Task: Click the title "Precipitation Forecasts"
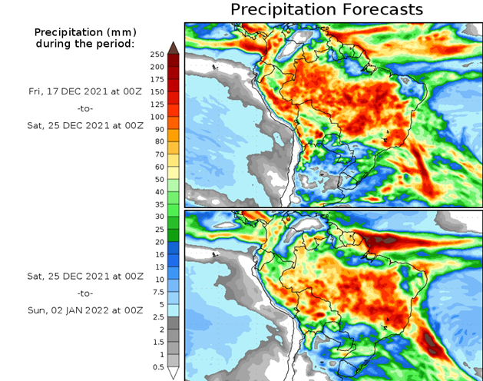(326, 10)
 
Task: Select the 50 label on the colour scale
(157, 179)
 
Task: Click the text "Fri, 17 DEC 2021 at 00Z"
(84, 90)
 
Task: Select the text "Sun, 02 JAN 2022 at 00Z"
(84, 310)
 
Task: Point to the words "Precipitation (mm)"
(84, 32)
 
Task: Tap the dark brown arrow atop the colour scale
(174, 47)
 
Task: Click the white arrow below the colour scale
(174, 373)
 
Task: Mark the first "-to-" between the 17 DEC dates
(84, 108)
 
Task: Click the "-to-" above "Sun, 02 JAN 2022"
(84, 293)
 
